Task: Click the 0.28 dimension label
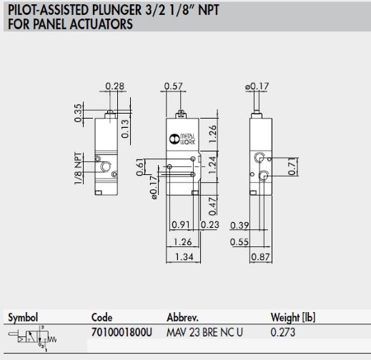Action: click(x=114, y=86)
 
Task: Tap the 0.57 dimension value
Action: click(x=173, y=86)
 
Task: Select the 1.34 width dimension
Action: click(x=184, y=257)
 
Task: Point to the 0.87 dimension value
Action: click(x=260, y=257)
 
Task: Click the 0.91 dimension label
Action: click(x=181, y=224)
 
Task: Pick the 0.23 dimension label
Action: click(x=209, y=224)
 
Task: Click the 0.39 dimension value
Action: click(x=239, y=225)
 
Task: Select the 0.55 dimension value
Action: click(x=239, y=242)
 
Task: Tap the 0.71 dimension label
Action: click(x=292, y=166)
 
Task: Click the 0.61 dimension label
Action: click(x=140, y=167)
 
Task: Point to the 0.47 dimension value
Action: click(x=212, y=206)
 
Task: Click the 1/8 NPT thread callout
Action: click(x=79, y=169)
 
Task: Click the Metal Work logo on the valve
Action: click(x=182, y=139)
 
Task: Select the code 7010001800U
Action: click(x=122, y=332)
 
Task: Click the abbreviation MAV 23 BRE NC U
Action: click(x=204, y=332)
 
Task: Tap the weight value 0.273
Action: click(x=283, y=332)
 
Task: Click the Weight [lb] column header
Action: click(x=293, y=317)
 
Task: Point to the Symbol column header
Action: click(x=23, y=317)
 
